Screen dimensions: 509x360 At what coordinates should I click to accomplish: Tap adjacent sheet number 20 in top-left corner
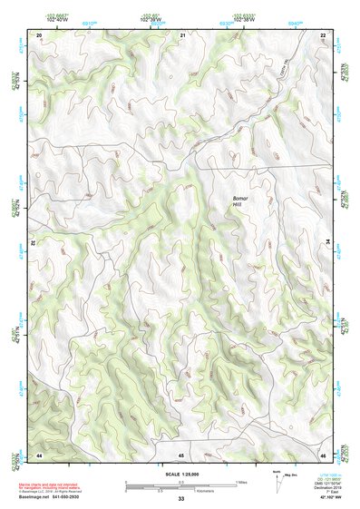coord(39,34)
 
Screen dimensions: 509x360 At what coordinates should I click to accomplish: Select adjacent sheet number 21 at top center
coord(182,34)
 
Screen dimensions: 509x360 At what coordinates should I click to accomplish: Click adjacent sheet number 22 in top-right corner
coord(323,34)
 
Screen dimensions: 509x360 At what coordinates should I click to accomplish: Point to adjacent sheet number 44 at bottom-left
coord(39,454)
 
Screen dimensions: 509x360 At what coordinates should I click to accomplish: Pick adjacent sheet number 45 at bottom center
coord(181,455)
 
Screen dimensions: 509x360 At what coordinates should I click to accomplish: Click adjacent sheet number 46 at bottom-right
coord(323,454)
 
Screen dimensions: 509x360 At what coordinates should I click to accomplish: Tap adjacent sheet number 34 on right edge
coord(328,243)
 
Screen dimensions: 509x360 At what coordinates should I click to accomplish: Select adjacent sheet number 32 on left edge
coord(34,243)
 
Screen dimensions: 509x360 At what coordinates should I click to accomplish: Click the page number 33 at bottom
coord(181,499)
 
